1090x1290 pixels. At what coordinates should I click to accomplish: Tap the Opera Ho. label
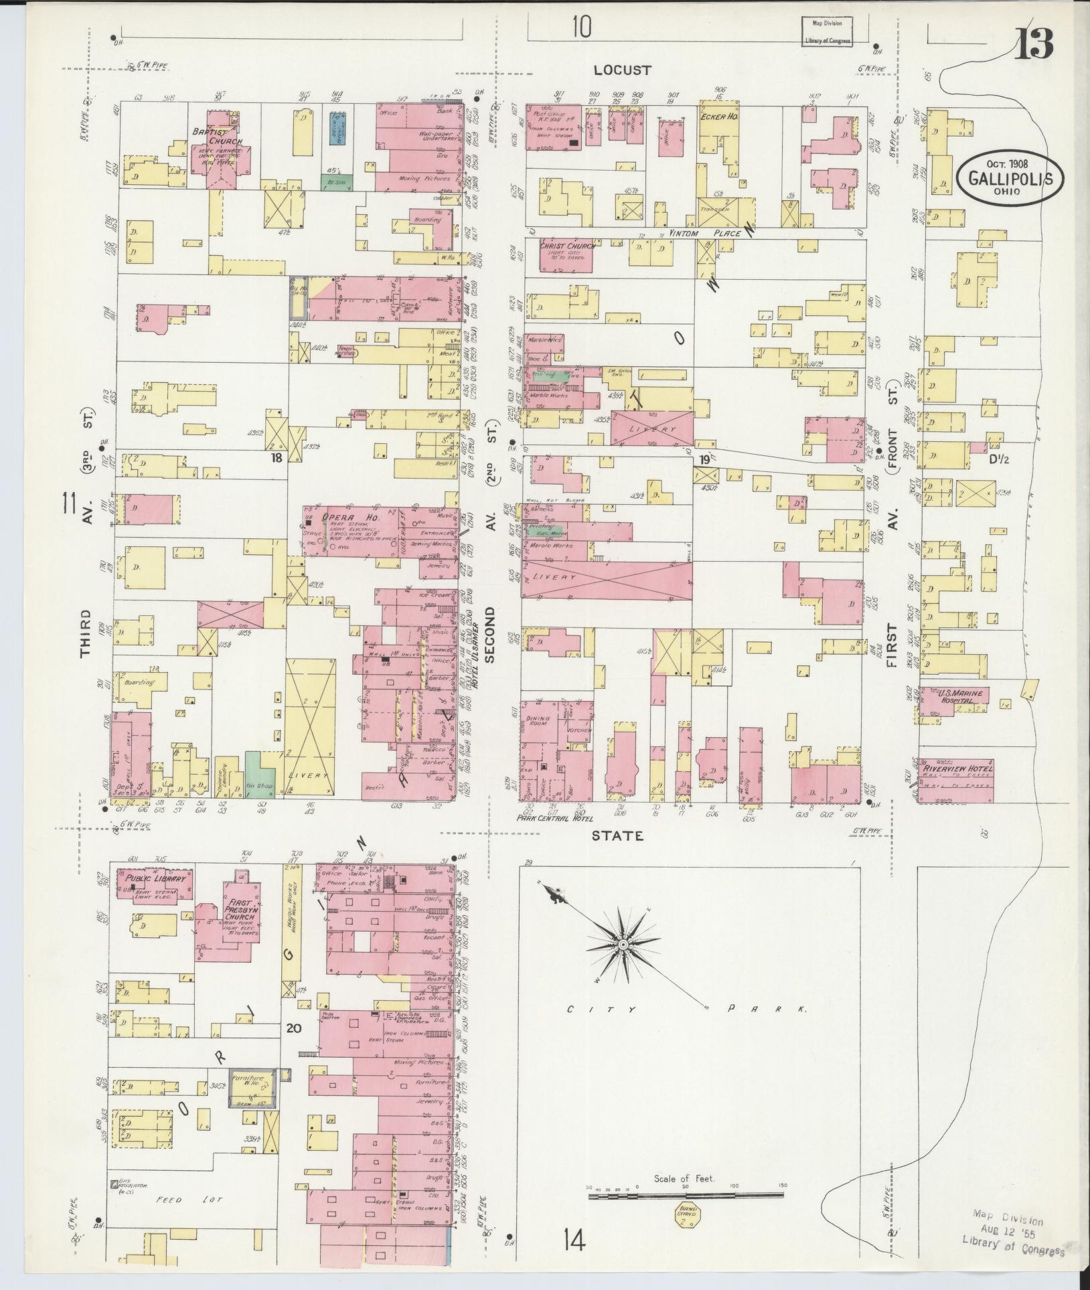[342, 517]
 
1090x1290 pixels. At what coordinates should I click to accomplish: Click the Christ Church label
[567, 246]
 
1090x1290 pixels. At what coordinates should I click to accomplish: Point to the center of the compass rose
[623, 944]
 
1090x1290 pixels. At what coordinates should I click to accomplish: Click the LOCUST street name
[622, 69]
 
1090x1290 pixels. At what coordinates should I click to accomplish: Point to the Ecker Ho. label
[718, 116]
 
